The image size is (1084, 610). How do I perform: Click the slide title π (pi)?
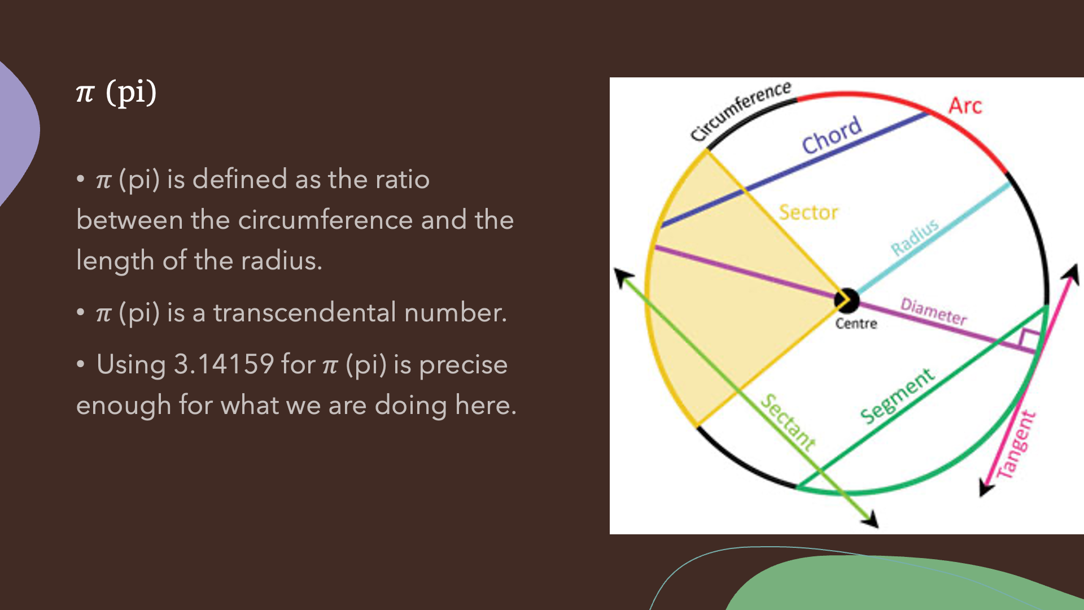(x=116, y=92)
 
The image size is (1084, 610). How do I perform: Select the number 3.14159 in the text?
(x=224, y=364)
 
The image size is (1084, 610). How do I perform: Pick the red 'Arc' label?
(x=965, y=106)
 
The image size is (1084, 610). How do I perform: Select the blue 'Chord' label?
(x=832, y=134)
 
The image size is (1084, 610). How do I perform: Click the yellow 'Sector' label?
(x=808, y=212)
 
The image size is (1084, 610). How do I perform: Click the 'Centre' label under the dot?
(x=856, y=324)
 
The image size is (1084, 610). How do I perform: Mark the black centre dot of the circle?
(x=847, y=300)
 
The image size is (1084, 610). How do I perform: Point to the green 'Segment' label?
(x=897, y=396)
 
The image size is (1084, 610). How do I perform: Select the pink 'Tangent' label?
(x=1016, y=445)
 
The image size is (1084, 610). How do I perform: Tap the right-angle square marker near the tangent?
(x=1029, y=340)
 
